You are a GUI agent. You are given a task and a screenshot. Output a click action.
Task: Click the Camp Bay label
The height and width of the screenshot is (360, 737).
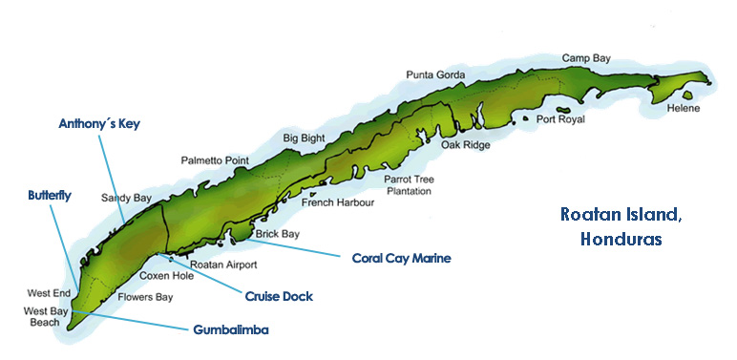click(585, 58)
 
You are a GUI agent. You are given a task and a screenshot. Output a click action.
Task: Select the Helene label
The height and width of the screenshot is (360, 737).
click(684, 108)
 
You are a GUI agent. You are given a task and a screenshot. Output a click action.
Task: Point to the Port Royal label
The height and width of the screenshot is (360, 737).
click(559, 119)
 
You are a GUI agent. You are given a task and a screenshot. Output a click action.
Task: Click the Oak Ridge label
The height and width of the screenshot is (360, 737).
click(465, 146)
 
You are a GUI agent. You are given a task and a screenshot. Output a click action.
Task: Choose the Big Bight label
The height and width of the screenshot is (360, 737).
click(305, 138)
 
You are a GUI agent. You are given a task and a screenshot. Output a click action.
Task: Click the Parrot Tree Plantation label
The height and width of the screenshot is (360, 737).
click(408, 185)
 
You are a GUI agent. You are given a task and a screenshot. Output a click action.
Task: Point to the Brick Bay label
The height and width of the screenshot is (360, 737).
click(278, 233)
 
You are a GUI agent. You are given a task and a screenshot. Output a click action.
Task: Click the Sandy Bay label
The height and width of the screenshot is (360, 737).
click(126, 199)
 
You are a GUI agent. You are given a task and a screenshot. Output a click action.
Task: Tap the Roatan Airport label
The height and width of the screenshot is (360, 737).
click(223, 265)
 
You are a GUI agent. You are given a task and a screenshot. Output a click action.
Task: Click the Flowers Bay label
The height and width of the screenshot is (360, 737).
click(145, 297)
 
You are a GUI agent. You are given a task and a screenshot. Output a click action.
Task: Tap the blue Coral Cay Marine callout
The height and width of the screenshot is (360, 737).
click(401, 258)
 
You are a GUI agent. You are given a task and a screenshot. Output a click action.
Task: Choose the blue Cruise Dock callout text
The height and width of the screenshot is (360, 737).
click(279, 296)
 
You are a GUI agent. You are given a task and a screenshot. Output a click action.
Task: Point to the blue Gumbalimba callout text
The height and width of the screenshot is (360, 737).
click(230, 329)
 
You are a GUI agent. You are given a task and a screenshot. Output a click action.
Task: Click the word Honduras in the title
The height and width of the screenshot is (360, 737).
click(621, 240)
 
